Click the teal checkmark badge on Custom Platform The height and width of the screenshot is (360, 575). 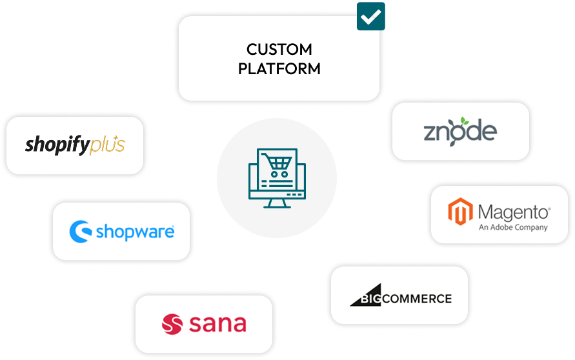(370, 17)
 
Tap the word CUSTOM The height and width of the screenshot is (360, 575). (279, 50)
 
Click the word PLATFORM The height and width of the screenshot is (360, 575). (279, 69)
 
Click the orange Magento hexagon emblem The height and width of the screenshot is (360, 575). (460, 214)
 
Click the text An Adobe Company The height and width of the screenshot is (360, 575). (513, 227)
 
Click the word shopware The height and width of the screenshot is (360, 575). (134, 232)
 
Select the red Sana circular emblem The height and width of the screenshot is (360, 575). (172, 323)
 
